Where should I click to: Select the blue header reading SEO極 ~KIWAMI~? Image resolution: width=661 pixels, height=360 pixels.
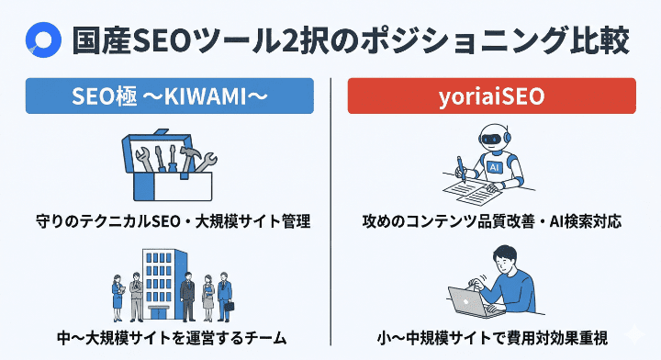pyautogui.click(x=171, y=96)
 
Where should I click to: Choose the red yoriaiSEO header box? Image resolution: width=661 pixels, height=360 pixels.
pyautogui.click(x=491, y=96)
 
